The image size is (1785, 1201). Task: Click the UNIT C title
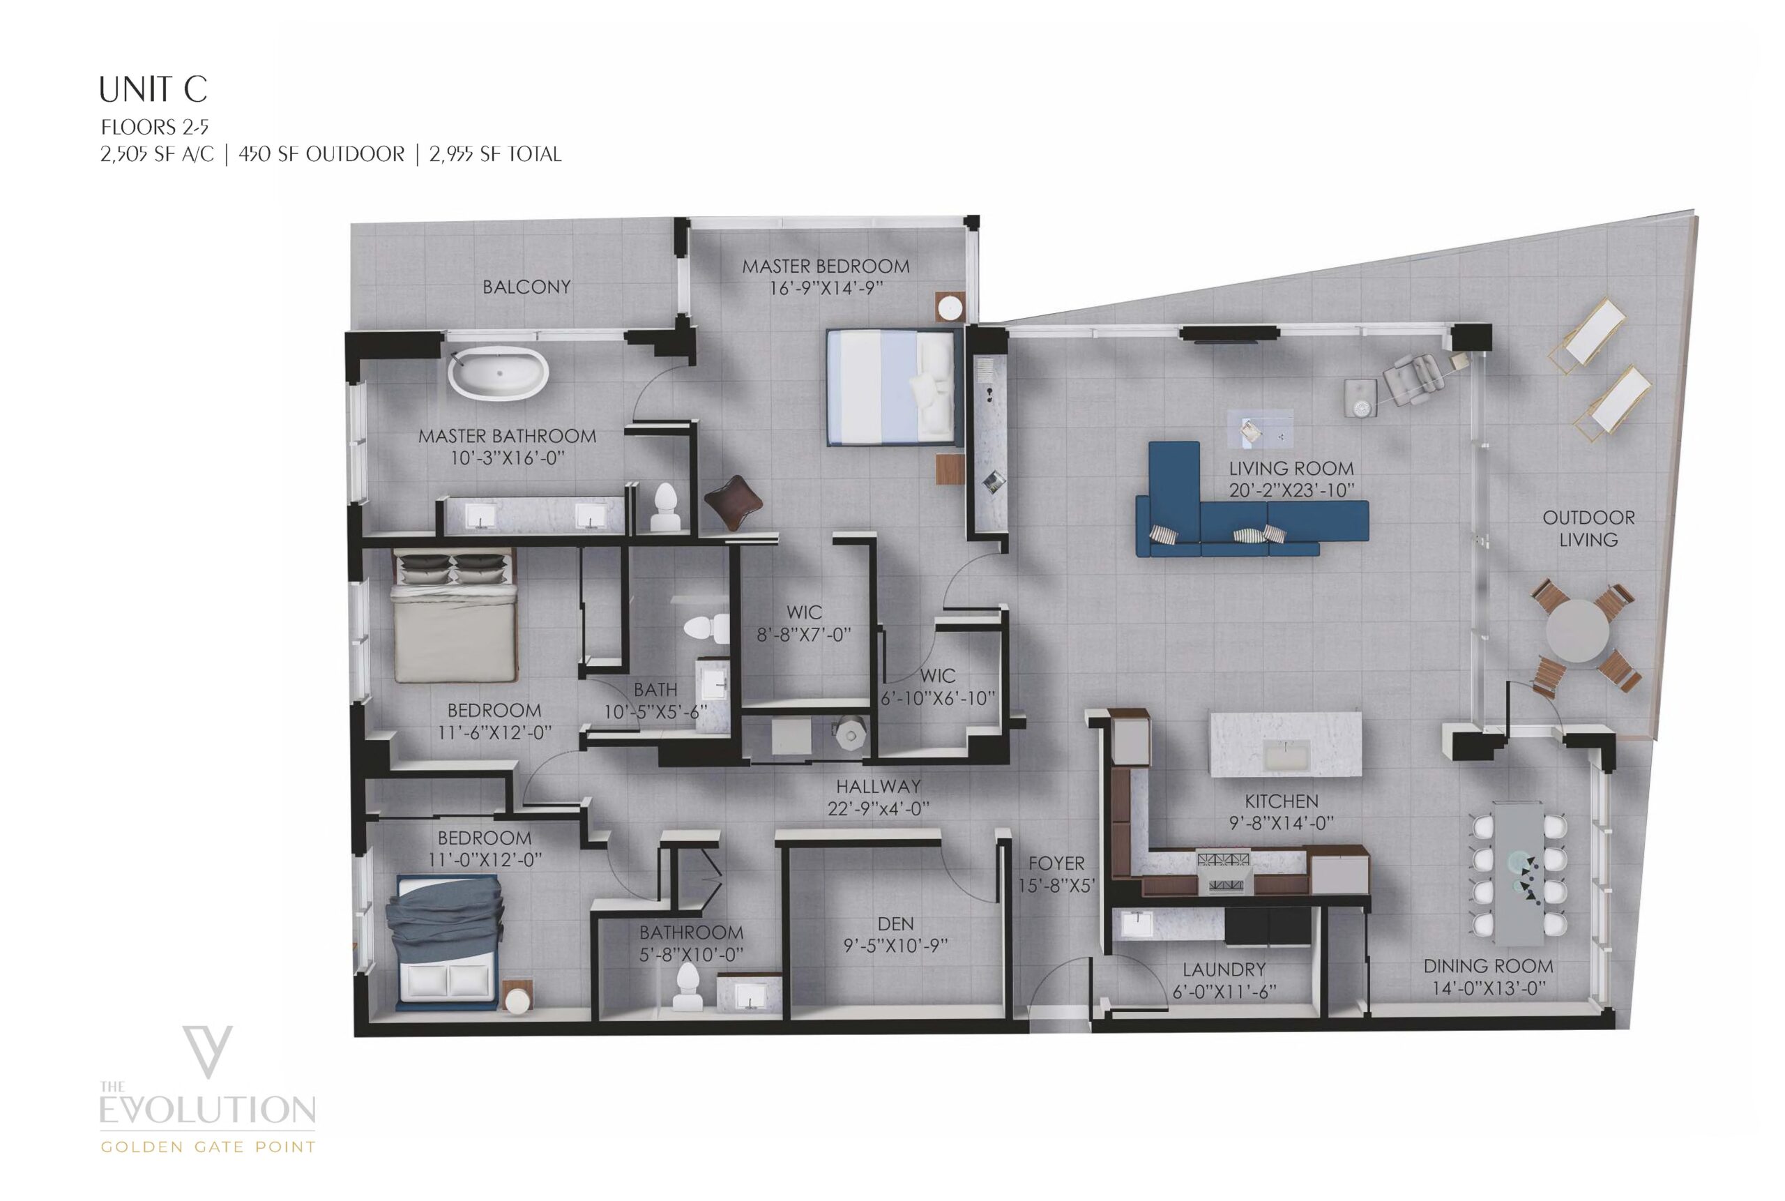(x=153, y=89)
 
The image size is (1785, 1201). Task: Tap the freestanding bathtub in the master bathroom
(x=498, y=372)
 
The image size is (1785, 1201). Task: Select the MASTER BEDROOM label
(x=826, y=266)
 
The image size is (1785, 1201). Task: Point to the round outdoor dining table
(x=1577, y=630)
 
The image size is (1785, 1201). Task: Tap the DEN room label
(x=895, y=923)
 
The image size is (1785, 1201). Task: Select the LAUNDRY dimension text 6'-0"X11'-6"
(x=1224, y=992)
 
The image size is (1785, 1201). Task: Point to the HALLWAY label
(x=879, y=786)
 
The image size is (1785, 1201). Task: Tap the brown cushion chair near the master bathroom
(x=733, y=502)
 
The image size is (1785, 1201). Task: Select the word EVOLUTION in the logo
(x=208, y=1110)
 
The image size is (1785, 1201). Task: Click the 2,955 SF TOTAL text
(x=496, y=155)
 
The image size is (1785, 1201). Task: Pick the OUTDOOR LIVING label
(x=1588, y=529)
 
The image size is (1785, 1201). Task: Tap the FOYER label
(x=1057, y=863)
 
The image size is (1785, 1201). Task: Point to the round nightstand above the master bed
(x=950, y=308)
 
